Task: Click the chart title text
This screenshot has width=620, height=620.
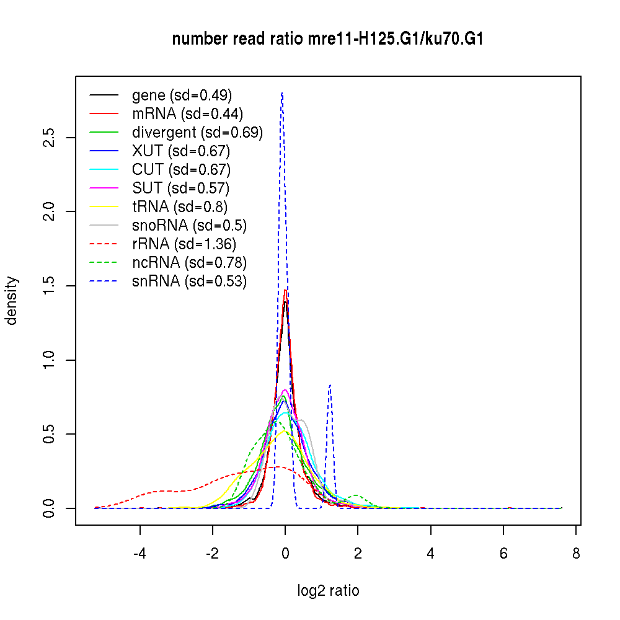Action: tap(327, 39)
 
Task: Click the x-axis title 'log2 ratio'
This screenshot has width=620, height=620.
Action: tap(328, 591)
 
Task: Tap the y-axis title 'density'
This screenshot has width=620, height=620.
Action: tap(12, 301)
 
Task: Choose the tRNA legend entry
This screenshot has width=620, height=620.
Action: tap(180, 206)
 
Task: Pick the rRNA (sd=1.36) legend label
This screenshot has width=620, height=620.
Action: tap(184, 244)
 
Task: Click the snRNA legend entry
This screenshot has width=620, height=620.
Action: tap(189, 281)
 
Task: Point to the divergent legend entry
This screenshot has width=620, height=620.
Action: tap(197, 132)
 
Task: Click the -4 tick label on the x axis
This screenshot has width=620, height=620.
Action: tap(139, 553)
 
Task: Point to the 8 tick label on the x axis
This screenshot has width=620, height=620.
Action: tap(576, 553)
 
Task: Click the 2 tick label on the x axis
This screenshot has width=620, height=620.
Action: tap(358, 553)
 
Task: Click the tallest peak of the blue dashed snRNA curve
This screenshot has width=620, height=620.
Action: tap(282, 93)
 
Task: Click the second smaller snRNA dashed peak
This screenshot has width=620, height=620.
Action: tap(330, 385)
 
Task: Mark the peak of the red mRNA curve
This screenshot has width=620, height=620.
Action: tap(285, 290)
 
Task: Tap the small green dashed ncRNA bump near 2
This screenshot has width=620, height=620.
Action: tap(356, 495)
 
